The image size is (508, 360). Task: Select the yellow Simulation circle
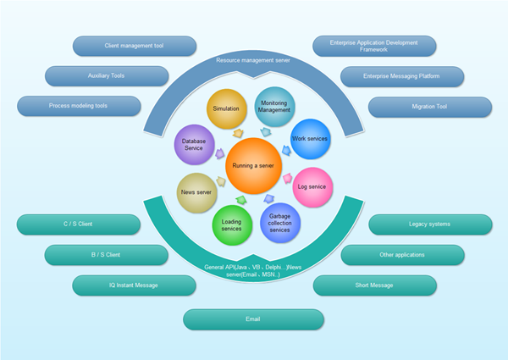(226, 108)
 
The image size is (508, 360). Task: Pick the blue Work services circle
(309, 138)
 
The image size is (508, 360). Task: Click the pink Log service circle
(312, 186)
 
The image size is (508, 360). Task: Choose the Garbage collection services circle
(279, 223)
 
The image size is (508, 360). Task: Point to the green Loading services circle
(230, 224)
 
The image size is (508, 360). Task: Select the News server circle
(196, 192)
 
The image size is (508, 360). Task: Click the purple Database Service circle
(194, 144)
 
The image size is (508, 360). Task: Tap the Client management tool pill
(135, 46)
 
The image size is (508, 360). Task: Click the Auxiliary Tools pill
(107, 75)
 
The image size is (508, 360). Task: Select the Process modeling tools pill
(78, 107)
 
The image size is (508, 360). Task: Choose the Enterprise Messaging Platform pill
(402, 76)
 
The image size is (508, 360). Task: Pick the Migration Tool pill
(429, 107)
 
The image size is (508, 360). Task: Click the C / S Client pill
(78, 224)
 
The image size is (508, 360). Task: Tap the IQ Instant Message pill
(134, 285)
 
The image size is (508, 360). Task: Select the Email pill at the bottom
(253, 319)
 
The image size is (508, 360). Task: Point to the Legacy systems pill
(429, 224)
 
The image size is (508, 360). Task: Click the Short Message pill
(373, 285)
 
